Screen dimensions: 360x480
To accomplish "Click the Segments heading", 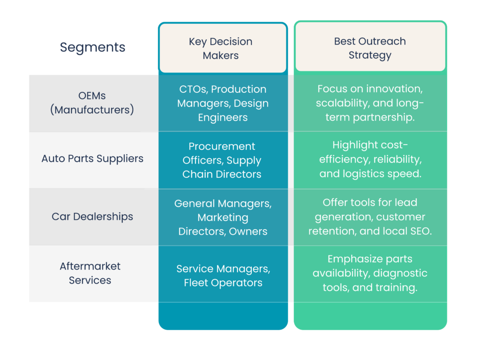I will [92, 47].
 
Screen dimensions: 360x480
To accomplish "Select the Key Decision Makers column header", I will [220, 48].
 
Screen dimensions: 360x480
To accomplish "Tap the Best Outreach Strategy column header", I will [370, 48].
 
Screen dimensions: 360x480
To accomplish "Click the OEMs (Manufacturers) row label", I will [92, 103].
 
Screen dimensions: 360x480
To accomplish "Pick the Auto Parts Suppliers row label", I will [92, 158].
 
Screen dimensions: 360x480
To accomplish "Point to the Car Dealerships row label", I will [92, 217].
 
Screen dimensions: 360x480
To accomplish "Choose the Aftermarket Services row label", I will [90, 273].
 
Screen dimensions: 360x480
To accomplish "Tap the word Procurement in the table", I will [222, 146].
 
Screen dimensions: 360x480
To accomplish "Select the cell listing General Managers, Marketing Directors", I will [223, 217].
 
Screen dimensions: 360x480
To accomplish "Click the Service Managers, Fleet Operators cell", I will [223, 276].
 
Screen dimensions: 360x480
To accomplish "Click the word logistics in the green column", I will [366, 173].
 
